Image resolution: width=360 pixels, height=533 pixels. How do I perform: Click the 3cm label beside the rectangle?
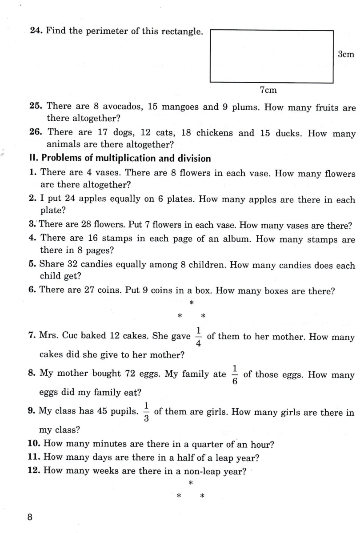point(346,55)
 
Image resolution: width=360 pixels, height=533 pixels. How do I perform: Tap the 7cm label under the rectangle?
point(268,90)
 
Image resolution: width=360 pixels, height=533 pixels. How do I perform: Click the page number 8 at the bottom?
point(30,517)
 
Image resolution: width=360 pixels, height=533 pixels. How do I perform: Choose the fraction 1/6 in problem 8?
point(235,375)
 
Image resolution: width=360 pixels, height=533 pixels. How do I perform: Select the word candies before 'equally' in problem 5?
point(98,265)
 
